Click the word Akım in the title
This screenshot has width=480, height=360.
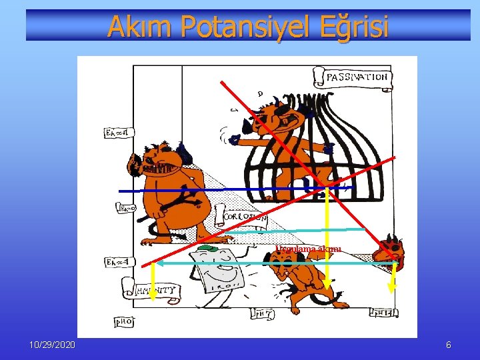click(132, 26)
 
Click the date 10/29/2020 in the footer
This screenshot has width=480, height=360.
click(52, 345)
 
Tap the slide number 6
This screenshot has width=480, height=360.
click(449, 345)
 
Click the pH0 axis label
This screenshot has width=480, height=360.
click(124, 321)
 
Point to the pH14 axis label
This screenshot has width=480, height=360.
click(386, 312)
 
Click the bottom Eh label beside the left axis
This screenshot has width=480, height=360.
click(114, 262)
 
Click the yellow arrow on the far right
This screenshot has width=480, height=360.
click(393, 277)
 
